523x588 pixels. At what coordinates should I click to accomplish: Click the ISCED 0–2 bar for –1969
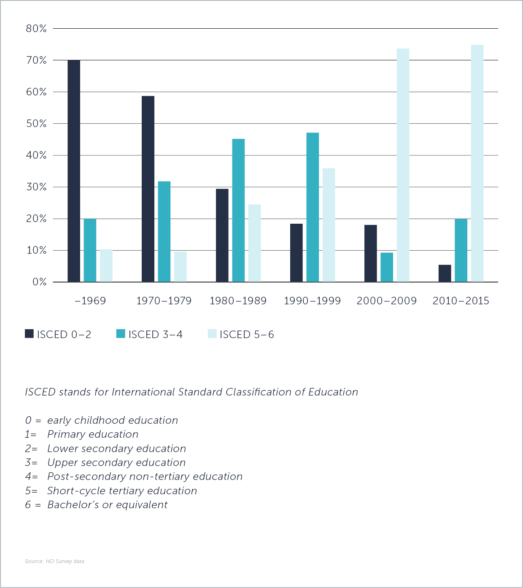click(x=74, y=171)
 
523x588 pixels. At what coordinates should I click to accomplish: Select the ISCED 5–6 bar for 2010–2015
click(x=477, y=163)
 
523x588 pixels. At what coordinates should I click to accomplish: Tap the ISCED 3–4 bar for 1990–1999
click(x=313, y=207)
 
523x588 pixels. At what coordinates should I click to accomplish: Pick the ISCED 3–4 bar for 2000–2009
click(x=387, y=267)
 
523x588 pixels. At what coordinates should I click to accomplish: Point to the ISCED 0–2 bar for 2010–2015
click(x=445, y=274)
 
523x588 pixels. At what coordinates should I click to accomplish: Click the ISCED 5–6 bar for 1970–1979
click(x=181, y=267)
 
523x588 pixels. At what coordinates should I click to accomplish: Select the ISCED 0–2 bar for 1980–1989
click(x=222, y=235)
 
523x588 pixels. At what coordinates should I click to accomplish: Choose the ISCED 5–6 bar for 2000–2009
click(x=403, y=165)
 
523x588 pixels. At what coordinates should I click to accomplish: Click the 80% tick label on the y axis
click(x=36, y=29)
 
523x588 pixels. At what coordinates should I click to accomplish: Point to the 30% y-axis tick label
click(x=36, y=187)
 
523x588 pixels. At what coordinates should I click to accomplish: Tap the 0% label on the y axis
click(x=39, y=282)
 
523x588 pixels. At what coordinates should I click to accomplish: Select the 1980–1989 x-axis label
click(x=238, y=301)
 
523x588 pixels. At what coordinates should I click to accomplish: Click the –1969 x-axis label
click(x=90, y=301)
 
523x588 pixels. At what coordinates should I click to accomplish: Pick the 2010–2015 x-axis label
click(x=461, y=301)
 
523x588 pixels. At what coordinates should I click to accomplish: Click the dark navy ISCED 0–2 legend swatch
click(x=29, y=334)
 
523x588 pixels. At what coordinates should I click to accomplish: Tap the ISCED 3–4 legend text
click(x=155, y=335)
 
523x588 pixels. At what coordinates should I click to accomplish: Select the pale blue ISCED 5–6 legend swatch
click(x=212, y=334)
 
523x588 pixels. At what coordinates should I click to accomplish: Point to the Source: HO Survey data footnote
click(x=54, y=561)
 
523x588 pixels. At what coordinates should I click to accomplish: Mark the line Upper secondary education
click(x=116, y=463)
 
